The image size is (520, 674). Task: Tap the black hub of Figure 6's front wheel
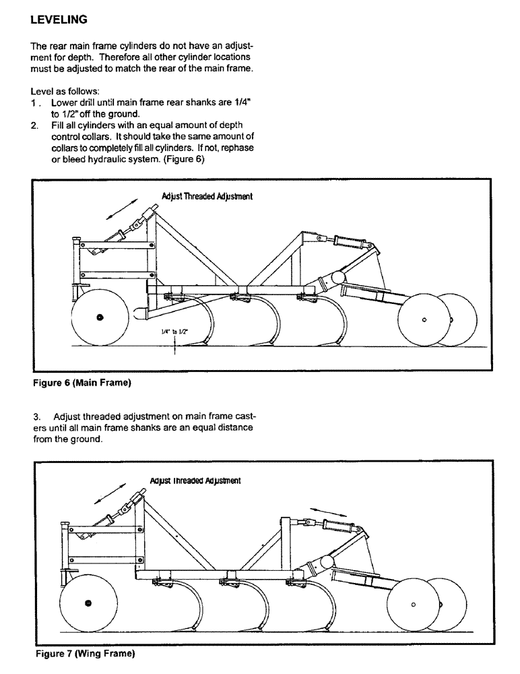[x=100, y=317]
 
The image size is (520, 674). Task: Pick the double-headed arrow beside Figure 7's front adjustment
[x=110, y=493]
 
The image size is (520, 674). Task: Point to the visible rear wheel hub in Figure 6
[x=424, y=320]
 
